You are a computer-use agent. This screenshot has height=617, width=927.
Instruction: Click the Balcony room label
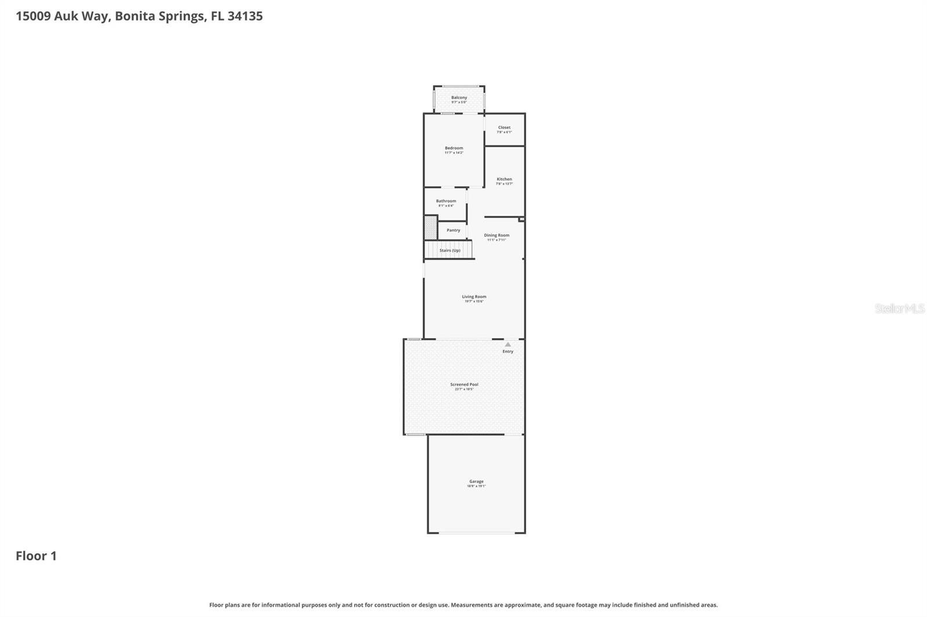[459, 98]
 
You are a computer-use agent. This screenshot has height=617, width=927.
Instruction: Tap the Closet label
[504, 127]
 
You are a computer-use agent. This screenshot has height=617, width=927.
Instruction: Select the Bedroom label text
[454, 148]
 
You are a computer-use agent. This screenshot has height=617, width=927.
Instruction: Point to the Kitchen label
[504, 179]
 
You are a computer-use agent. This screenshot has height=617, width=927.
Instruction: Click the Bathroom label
[446, 201]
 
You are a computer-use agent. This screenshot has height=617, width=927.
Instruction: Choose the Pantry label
[453, 230]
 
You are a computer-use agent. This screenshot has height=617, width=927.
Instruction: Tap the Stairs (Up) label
[450, 251]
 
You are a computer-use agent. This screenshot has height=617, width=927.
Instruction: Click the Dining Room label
[497, 235]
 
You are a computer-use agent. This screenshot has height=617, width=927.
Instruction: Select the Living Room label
[474, 297]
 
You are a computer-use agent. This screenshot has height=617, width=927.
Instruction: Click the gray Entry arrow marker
[508, 344]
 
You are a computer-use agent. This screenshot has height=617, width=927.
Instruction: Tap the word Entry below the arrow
[508, 351]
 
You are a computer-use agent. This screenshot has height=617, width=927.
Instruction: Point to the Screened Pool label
[464, 384]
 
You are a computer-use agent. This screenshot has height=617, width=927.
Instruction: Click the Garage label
[476, 482]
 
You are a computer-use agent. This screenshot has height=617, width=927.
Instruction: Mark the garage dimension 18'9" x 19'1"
[476, 486]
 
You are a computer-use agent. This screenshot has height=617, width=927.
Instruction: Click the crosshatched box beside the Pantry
[430, 227]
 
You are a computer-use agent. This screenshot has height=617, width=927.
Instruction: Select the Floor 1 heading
[36, 556]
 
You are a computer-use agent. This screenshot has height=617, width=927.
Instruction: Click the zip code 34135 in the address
[244, 16]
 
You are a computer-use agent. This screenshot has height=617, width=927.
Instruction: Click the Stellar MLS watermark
[899, 308]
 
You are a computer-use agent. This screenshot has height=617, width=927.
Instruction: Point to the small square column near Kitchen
[521, 219]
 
